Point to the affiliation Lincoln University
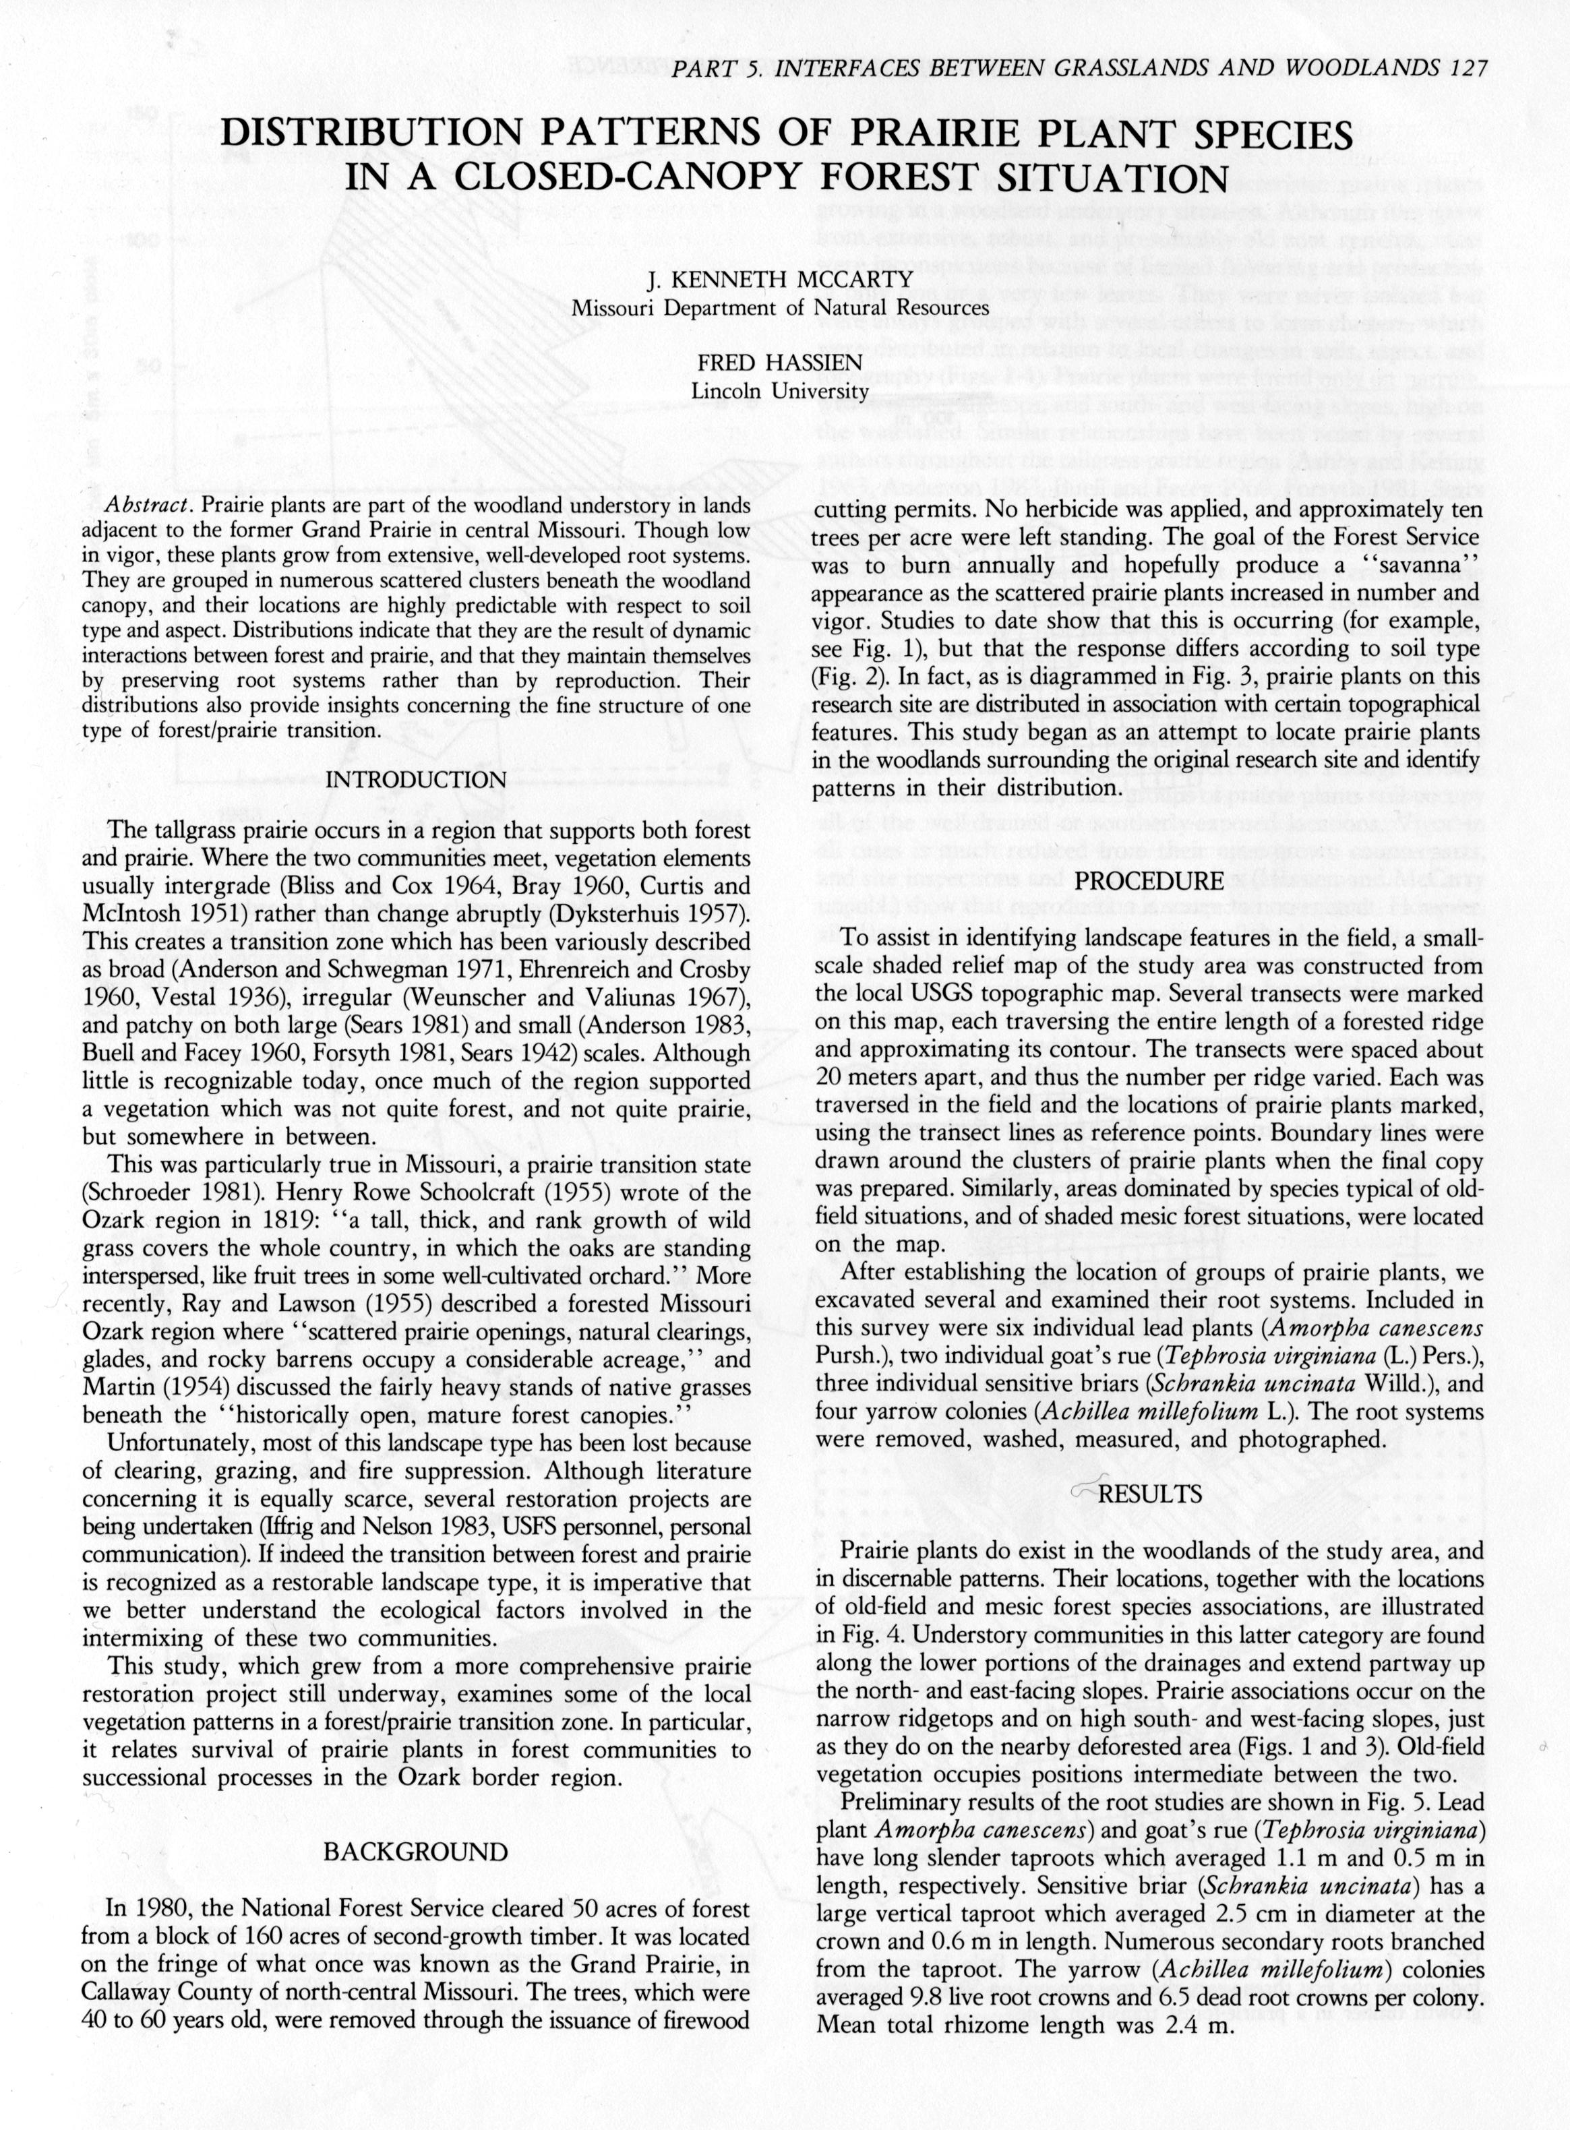[x=779, y=390]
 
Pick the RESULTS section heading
[x=1150, y=1494]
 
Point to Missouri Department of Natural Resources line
[x=779, y=308]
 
